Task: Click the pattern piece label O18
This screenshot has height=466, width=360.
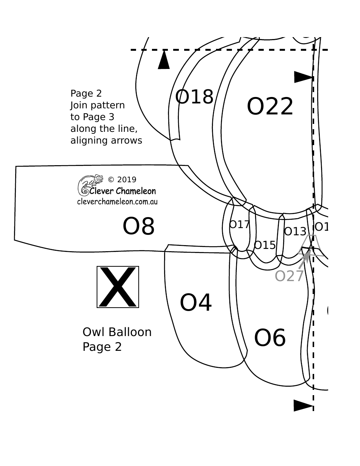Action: point(194,97)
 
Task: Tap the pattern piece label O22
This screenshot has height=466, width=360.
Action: point(270,106)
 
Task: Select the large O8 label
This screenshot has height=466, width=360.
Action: point(139,227)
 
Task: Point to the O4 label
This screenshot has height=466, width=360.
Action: point(196,303)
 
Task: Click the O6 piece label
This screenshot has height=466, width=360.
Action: point(270,338)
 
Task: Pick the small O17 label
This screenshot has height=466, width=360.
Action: point(239,225)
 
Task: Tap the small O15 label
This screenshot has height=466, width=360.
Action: point(265,245)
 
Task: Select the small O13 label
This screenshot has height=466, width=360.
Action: point(295,231)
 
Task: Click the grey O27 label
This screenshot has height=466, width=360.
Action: point(289,276)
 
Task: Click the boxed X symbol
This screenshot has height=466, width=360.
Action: point(118,287)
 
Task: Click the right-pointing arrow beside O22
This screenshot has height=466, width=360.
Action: point(304,77)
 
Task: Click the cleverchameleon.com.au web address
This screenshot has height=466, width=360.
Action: point(117,202)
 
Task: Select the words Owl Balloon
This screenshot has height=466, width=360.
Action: point(117,332)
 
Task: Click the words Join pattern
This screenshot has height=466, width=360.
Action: point(97,105)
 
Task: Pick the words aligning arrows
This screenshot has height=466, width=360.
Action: point(106,140)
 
